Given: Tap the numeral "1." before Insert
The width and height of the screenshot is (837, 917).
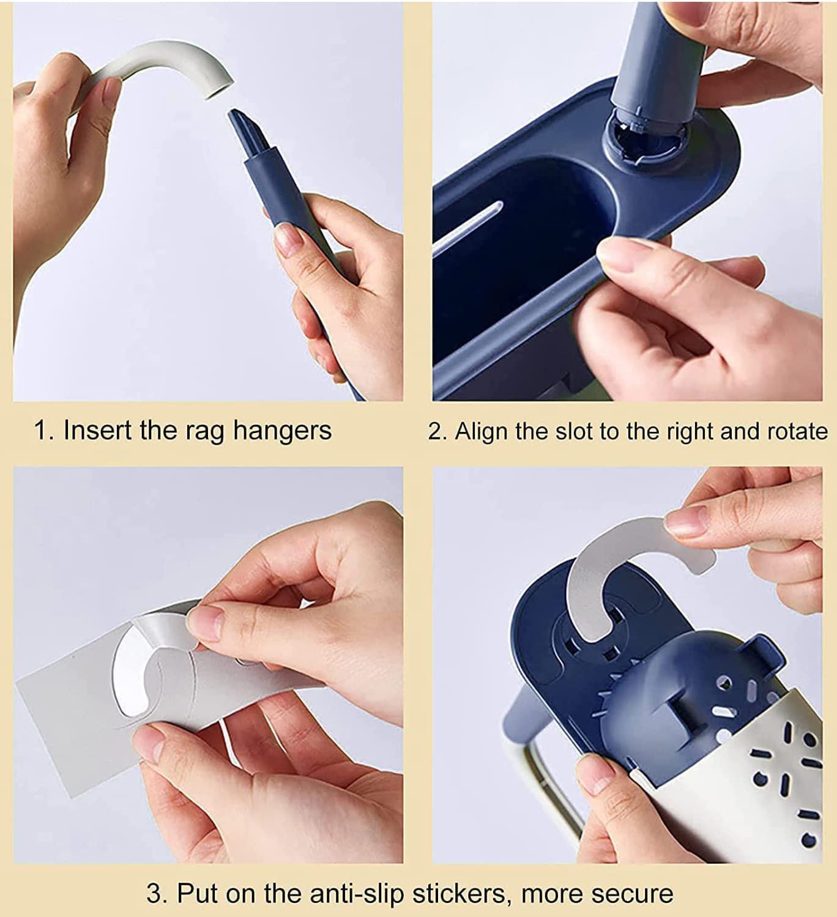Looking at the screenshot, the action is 45,431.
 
